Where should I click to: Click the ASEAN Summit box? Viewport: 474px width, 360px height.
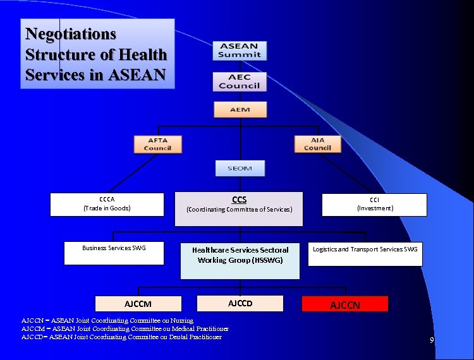(x=240, y=51)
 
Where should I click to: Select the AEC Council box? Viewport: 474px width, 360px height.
(x=240, y=81)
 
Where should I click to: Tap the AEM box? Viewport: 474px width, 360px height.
(x=240, y=109)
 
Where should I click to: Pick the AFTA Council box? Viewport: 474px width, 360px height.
(x=157, y=144)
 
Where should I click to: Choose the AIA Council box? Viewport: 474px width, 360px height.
(x=317, y=144)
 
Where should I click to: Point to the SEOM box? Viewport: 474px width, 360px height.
(x=240, y=168)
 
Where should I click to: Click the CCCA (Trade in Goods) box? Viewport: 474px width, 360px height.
(x=107, y=204)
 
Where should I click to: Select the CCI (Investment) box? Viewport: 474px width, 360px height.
(x=375, y=204)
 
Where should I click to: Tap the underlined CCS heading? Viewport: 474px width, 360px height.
(x=239, y=200)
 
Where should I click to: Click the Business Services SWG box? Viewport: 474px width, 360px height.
(x=114, y=253)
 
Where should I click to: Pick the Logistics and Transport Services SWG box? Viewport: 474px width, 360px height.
(x=365, y=253)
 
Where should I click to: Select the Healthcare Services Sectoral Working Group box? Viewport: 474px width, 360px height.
(x=240, y=260)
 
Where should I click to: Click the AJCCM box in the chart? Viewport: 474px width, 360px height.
(x=138, y=304)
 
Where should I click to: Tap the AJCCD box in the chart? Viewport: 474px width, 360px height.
(x=240, y=303)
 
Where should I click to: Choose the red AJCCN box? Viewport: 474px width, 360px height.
(x=345, y=304)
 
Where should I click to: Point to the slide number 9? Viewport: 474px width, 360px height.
(x=432, y=341)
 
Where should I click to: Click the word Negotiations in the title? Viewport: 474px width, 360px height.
(x=71, y=33)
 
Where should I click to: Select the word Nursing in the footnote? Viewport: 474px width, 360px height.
(x=180, y=321)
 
